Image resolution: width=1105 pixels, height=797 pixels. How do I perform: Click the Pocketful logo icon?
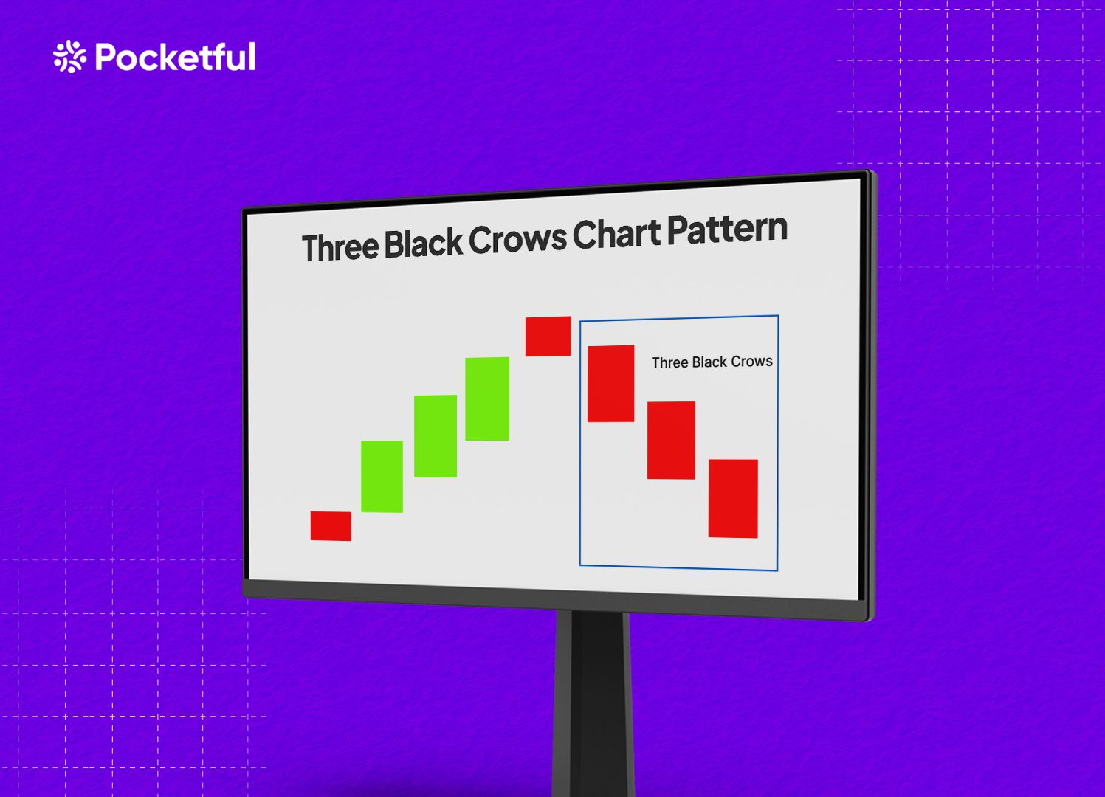(x=69, y=57)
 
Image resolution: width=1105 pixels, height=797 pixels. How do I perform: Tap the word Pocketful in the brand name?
(x=176, y=57)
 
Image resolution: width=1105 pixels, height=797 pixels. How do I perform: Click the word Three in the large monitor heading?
(x=340, y=247)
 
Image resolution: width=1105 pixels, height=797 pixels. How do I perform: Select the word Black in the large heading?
(x=423, y=243)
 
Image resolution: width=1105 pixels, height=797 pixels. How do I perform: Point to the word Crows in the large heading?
(x=517, y=238)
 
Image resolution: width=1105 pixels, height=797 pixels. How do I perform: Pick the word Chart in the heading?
(x=617, y=234)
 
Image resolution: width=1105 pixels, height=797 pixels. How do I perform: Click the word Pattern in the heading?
(x=727, y=230)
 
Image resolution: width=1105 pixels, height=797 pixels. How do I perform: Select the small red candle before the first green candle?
(x=331, y=525)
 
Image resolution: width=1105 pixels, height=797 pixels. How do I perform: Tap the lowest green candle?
(x=382, y=476)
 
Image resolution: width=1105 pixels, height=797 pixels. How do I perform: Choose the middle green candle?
(x=436, y=435)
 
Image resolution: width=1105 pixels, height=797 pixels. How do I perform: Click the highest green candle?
(x=487, y=398)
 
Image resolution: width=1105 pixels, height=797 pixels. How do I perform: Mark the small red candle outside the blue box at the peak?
(x=548, y=336)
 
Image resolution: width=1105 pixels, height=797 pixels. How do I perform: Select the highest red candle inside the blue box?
(x=610, y=383)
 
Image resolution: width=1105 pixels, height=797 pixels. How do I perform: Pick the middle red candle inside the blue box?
(x=671, y=440)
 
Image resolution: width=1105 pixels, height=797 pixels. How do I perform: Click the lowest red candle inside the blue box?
(x=733, y=498)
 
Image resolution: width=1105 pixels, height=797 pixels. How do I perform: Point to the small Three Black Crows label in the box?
(x=712, y=362)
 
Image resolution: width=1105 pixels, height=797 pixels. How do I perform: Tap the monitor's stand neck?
(x=592, y=701)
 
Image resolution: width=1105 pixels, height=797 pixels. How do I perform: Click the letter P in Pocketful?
(x=108, y=57)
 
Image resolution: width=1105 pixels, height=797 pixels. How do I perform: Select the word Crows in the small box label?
(x=751, y=361)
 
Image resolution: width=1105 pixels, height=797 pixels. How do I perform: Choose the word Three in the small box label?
(x=669, y=362)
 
